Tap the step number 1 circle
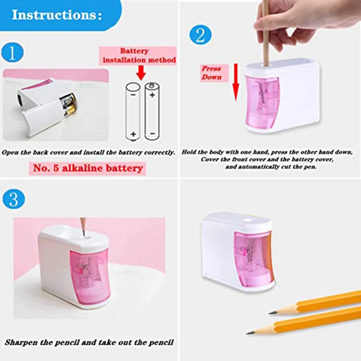point(13,53)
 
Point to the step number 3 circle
point(13,199)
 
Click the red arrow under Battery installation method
point(140,72)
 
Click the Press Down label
point(212,73)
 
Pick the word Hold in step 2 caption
point(190,153)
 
